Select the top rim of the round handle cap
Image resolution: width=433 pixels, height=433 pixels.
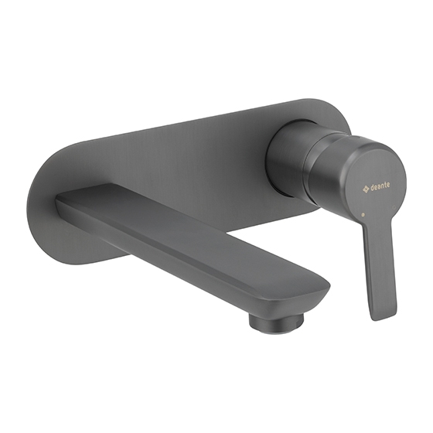click(x=356, y=143)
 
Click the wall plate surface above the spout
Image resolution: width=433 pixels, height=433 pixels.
click(x=170, y=155)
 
